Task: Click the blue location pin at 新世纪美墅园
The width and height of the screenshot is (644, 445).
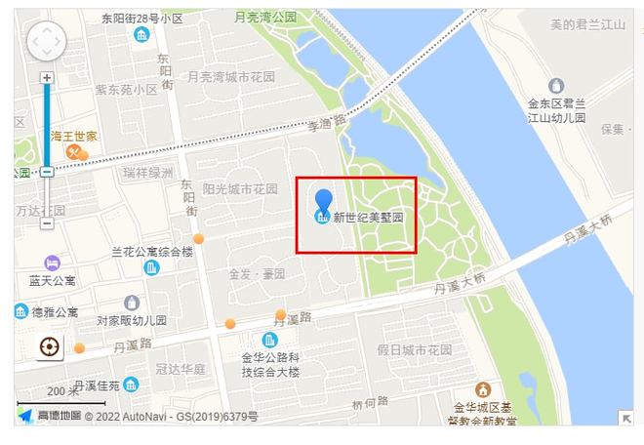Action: (x=323, y=205)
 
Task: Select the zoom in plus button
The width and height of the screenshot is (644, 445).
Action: (x=46, y=78)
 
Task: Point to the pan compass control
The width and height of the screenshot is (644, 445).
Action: (x=46, y=43)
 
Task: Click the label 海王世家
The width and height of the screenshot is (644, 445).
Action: (x=73, y=136)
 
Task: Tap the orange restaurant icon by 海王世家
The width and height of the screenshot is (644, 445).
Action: (x=73, y=152)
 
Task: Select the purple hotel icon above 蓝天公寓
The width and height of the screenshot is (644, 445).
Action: (x=52, y=263)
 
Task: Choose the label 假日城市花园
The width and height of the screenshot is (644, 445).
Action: (x=415, y=349)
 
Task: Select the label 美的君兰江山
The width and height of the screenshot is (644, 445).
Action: (x=587, y=24)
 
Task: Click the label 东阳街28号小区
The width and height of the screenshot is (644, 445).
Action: (x=141, y=18)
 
